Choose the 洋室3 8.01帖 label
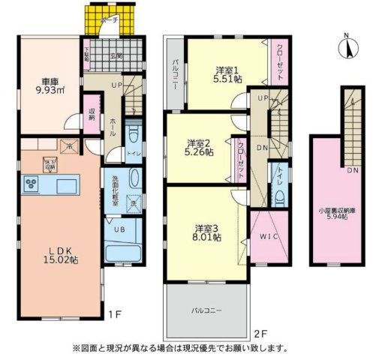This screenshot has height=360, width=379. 207,232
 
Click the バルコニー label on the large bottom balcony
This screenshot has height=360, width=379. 206,309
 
